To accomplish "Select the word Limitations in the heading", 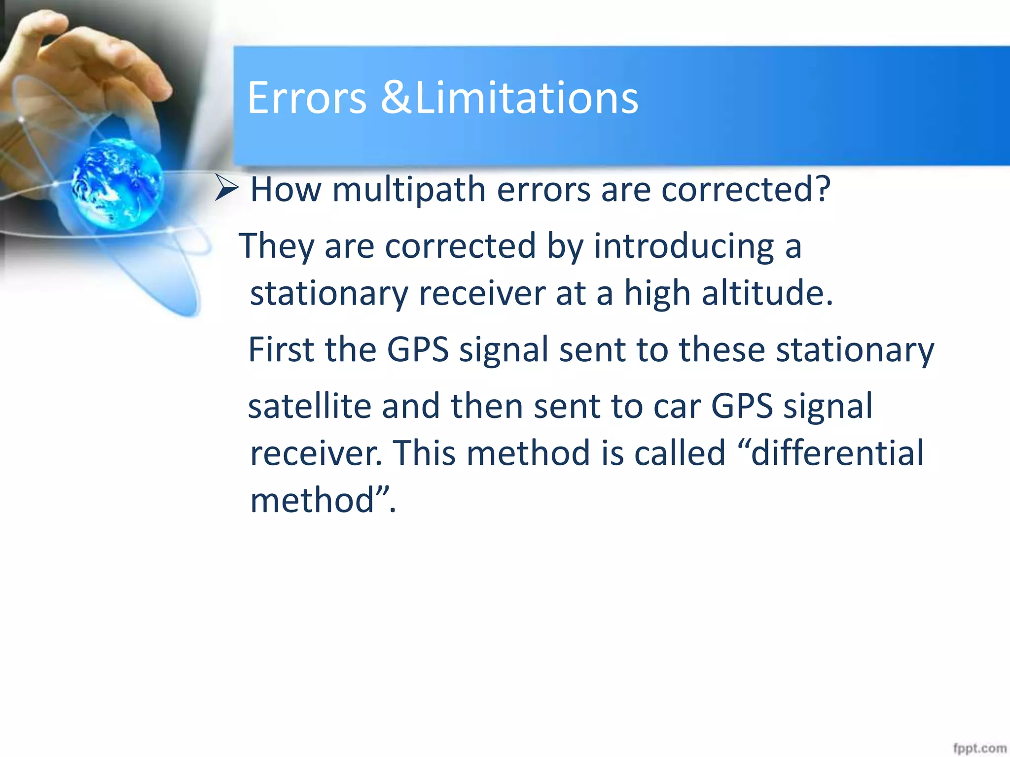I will pyautogui.click(x=526, y=98).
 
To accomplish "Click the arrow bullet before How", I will pyautogui.click(x=227, y=188).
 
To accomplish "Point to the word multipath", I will pyautogui.click(x=409, y=190).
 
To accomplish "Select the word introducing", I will pyautogui.click(x=684, y=246).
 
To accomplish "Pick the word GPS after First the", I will pyautogui.click(x=417, y=349).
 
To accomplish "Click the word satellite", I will pyautogui.click(x=309, y=406).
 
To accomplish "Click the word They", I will pyautogui.click(x=276, y=246).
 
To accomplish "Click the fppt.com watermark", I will pyautogui.click(x=979, y=748).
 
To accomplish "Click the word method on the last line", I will pyautogui.click(x=312, y=500).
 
